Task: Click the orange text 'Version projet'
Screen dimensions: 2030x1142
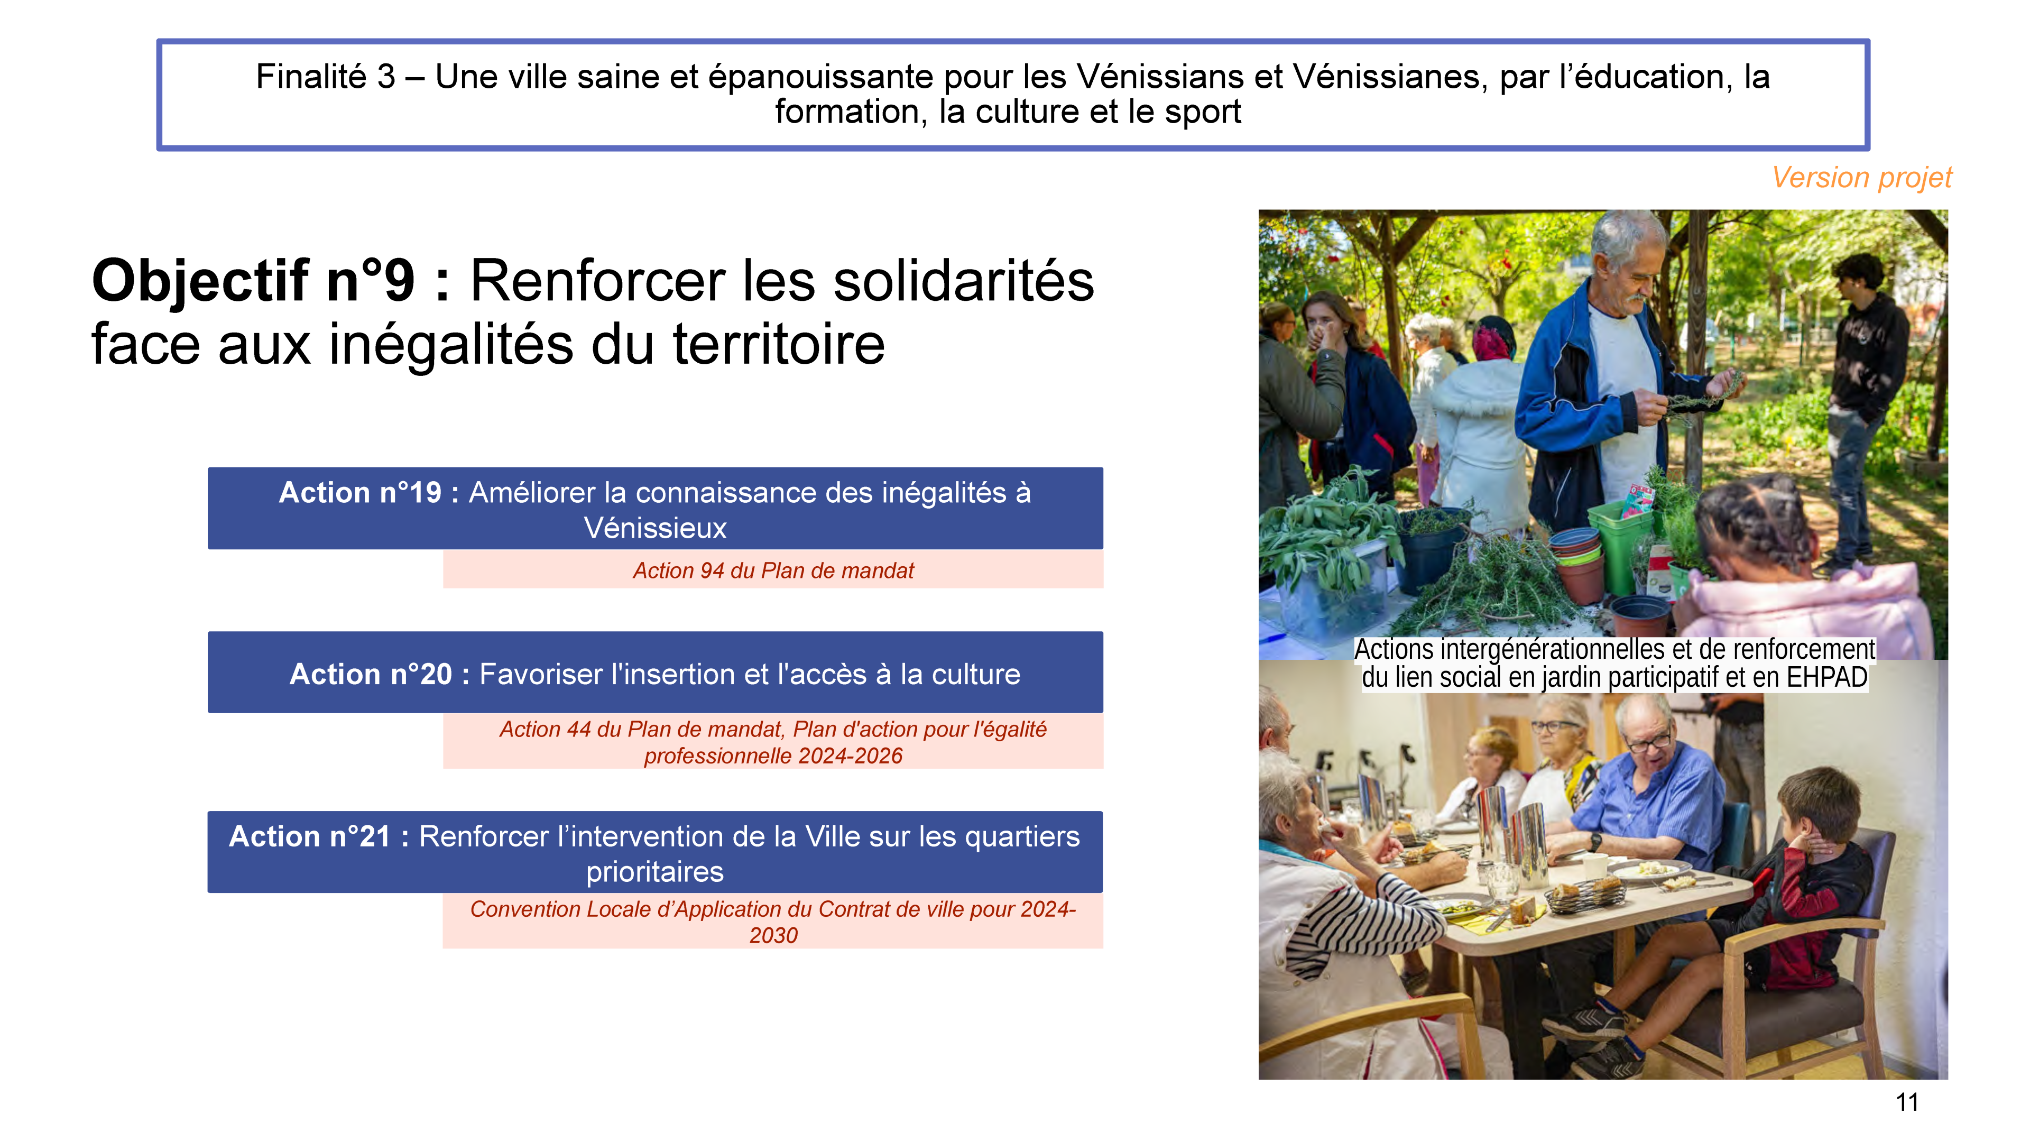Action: pyautogui.click(x=1861, y=178)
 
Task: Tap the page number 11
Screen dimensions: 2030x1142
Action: pyautogui.click(x=1907, y=1102)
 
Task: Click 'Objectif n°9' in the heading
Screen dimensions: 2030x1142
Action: pyautogui.click(x=253, y=281)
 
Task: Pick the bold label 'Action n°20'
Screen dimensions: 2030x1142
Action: pyautogui.click(x=371, y=674)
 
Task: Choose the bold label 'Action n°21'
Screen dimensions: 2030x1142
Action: pyautogui.click(x=310, y=836)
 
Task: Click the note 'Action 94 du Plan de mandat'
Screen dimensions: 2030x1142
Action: pyautogui.click(x=773, y=570)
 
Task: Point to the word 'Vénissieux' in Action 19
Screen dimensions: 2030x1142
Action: pyautogui.click(x=655, y=528)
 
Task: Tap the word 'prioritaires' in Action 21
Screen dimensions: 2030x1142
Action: pyautogui.click(x=655, y=872)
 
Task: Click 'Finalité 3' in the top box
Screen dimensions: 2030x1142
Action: pyautogui.click(x=326, y=77)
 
